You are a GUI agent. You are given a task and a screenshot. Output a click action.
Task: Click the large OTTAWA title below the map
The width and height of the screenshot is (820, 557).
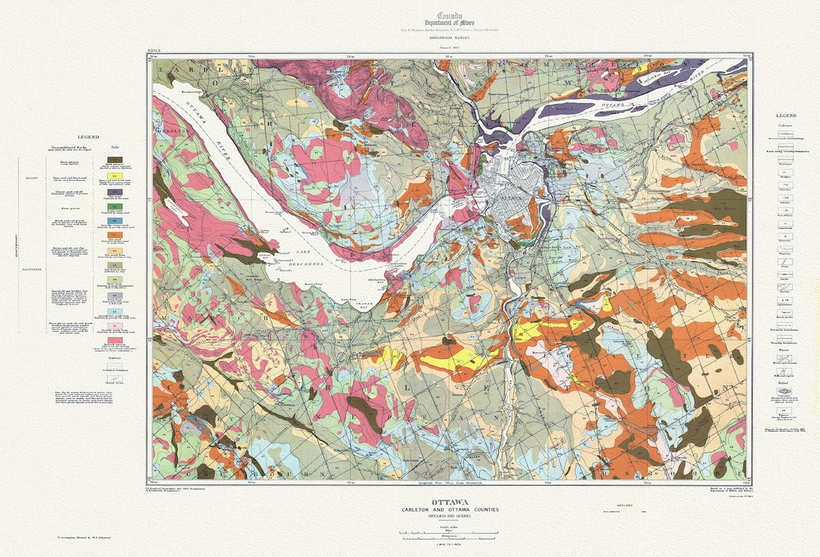pos(449,502)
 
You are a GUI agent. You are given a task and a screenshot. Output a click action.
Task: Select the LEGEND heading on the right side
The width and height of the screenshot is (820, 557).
pos(787,116)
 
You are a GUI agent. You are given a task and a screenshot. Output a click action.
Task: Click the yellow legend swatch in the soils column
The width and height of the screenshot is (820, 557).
pos(116,176)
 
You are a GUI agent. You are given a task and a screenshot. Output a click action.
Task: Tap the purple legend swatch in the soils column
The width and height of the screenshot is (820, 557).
pos(116,192)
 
